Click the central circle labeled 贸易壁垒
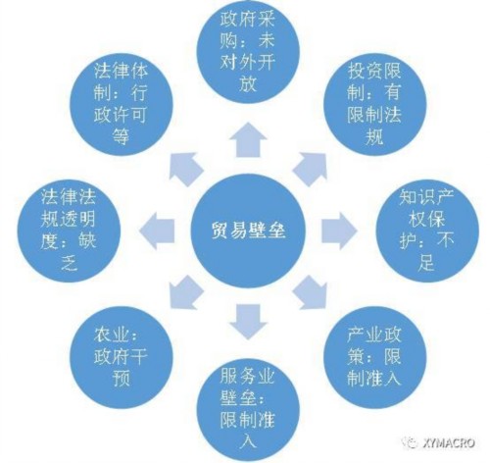tap(248, 231)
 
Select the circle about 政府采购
tap(248, 52)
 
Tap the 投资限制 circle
tap(374, 104)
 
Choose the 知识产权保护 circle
tap(427, 231)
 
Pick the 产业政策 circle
tap(374, 357)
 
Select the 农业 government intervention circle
tap(122, 357)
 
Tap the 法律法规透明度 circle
tap(69, 231)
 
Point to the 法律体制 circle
tap(122, 104)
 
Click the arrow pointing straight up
tap(248, 140)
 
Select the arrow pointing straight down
tap(248, 322)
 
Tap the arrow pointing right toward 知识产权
tap(339, 231)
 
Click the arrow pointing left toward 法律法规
tap(157, 231)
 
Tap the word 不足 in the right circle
tap(426, 251)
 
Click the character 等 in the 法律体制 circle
tap(121, 135)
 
